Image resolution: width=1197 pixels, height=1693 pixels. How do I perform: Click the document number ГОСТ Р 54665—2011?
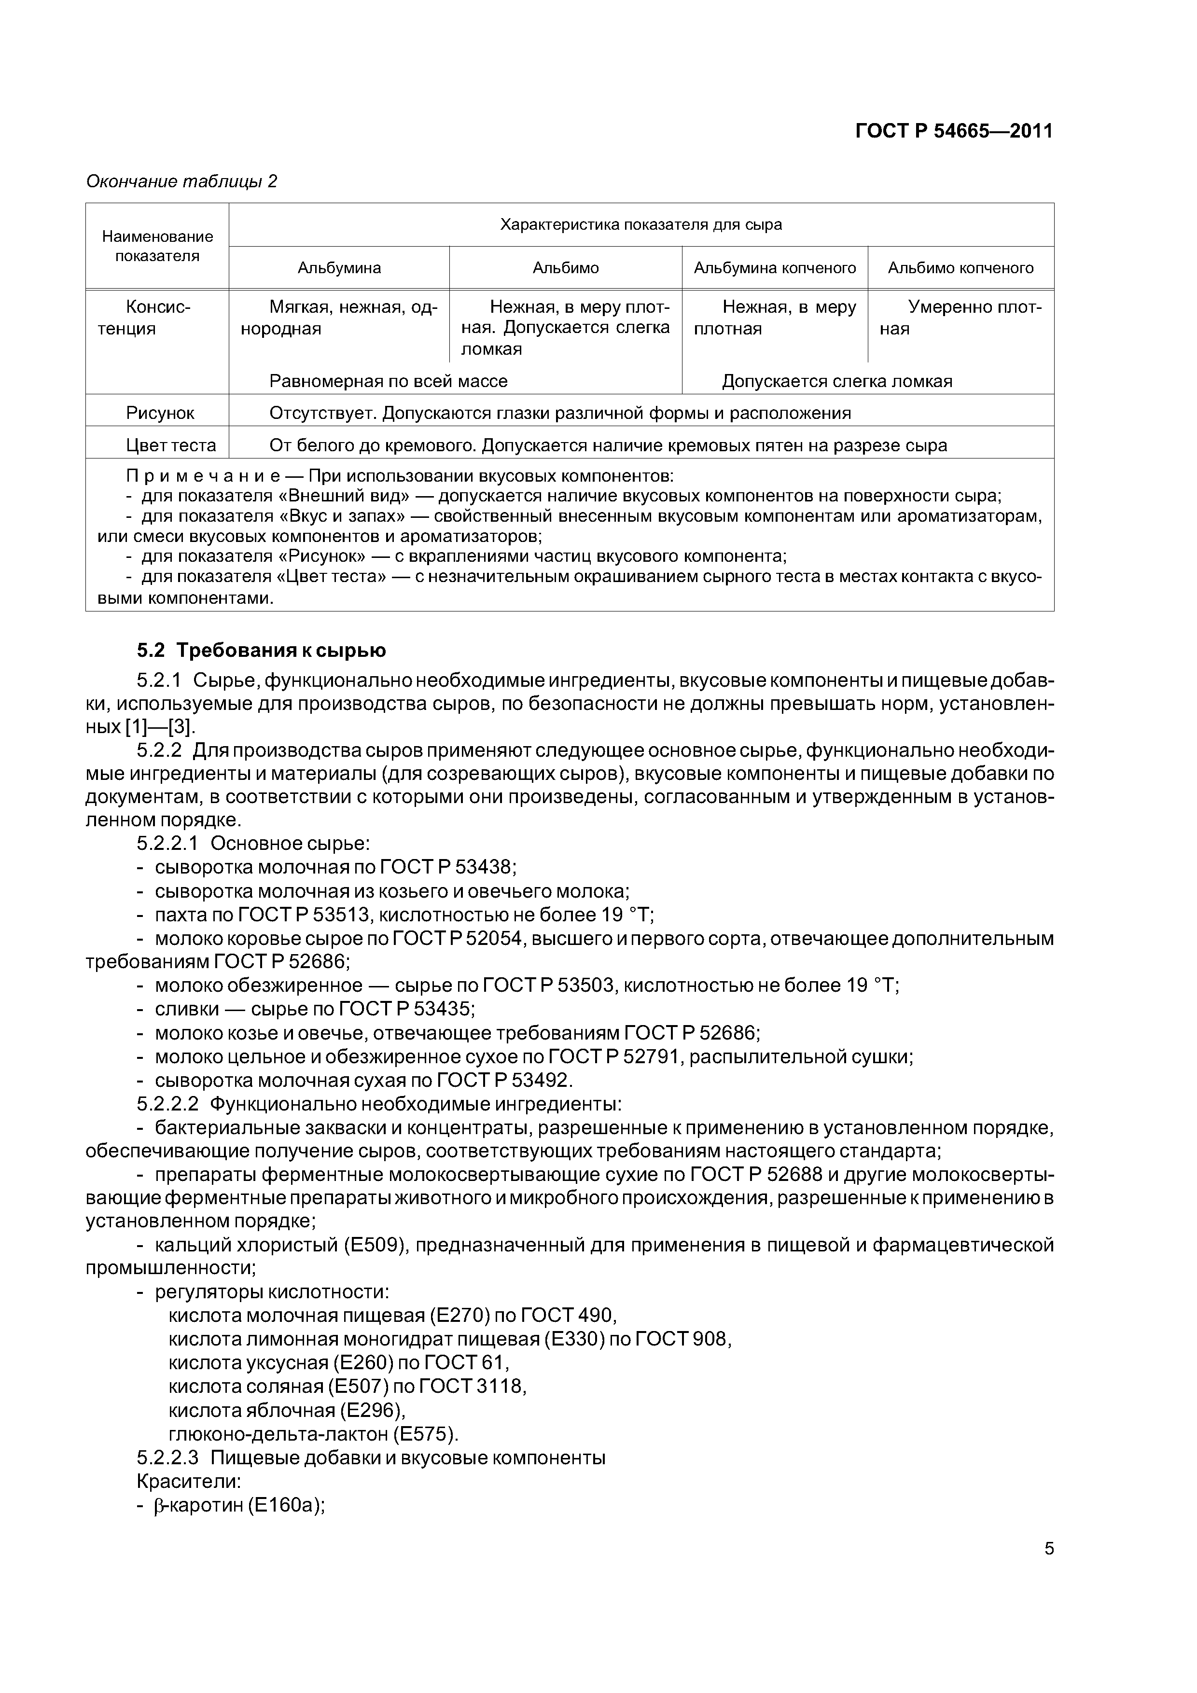954,131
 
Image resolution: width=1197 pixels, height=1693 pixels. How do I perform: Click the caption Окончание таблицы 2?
181,181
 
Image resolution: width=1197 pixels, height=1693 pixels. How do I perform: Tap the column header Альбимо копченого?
960,268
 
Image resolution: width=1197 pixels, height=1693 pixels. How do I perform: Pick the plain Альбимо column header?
566,268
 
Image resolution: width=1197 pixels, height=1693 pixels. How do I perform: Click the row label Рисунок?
160,413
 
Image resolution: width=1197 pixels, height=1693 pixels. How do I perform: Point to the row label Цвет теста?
160,445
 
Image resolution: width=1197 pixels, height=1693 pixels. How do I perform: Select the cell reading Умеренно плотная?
960,317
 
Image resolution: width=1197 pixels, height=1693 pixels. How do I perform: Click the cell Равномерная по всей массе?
389,381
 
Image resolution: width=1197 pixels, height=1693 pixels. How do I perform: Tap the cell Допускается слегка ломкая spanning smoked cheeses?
837,381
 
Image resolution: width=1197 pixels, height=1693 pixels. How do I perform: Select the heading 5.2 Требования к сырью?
261,651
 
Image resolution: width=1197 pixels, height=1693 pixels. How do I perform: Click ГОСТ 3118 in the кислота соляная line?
471,1386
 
